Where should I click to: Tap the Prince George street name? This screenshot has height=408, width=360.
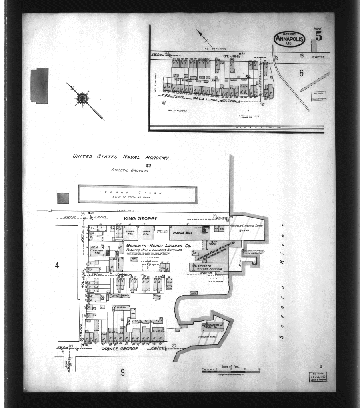point(120,349)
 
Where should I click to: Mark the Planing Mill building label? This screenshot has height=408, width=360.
point(183,232)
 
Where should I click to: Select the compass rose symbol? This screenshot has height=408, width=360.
point(82,98)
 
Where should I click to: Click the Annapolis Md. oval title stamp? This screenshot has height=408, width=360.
point(289,39)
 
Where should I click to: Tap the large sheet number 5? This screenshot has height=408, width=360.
point(318,37)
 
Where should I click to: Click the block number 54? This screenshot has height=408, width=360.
point(248,76)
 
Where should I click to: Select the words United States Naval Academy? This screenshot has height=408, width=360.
point(121,157)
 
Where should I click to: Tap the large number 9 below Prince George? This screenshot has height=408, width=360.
point(123,372)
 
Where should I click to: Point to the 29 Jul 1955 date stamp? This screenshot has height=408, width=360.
point(318,376)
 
